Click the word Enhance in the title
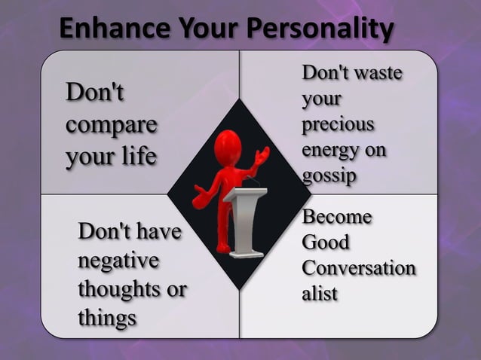coord(103,29)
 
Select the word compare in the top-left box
coord(111,125)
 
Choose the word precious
coord(338,124)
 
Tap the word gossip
coord(329,175)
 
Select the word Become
coord(336,218)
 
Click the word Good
coord(326,243)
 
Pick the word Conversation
coord(358,268)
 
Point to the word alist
coord(320,294)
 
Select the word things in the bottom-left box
coord(107,316)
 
